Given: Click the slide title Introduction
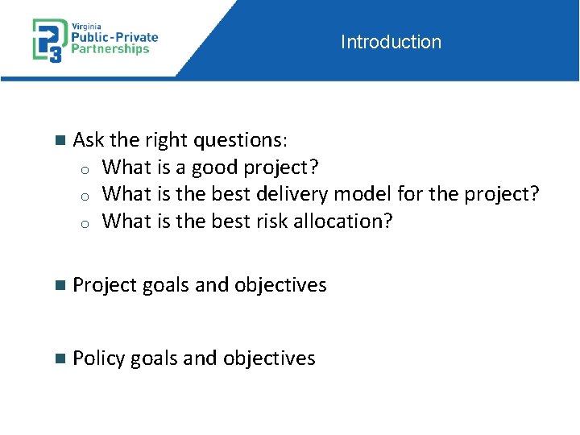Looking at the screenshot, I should pyautogui.click(x=391, y=42).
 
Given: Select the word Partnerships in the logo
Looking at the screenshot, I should pyautogui.click(x=111, y=49).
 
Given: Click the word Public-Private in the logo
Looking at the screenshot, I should pyautogui.click(x=116, y=36).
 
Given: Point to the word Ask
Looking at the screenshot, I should pyautogui.click(x=89, y=140).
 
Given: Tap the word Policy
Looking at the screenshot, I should pyautogui.click(x=98, y=358).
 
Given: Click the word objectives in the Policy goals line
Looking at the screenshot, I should pyautogui.click(x=269, y=358).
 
